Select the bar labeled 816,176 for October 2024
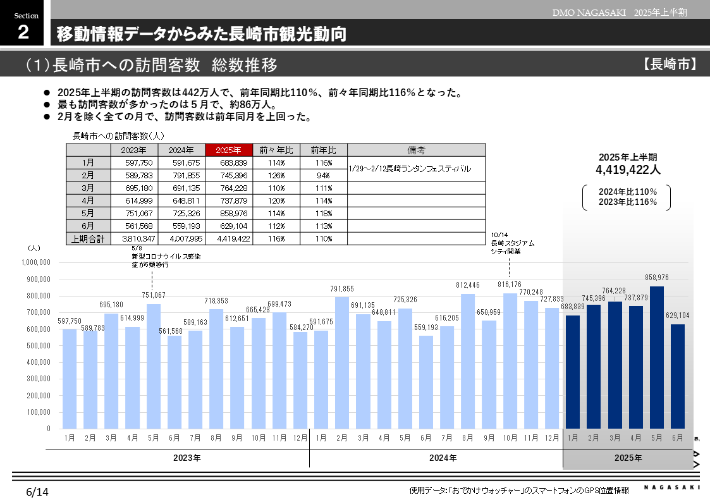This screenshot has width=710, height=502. click(510, 360)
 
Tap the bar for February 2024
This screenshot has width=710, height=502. click(341, 363)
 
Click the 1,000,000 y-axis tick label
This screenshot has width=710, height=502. click(35, 262)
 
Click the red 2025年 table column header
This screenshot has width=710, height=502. click(228, 150)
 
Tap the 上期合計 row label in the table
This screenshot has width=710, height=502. click(89, 239)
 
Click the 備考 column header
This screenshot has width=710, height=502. click(416, 150)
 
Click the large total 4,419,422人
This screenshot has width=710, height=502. click(627, 169)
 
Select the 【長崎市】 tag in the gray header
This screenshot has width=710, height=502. click(671, 64)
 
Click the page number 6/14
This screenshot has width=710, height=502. click(37, 491)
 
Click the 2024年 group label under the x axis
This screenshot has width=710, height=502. click(443, 458)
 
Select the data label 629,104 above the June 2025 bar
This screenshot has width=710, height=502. click(677, 315)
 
